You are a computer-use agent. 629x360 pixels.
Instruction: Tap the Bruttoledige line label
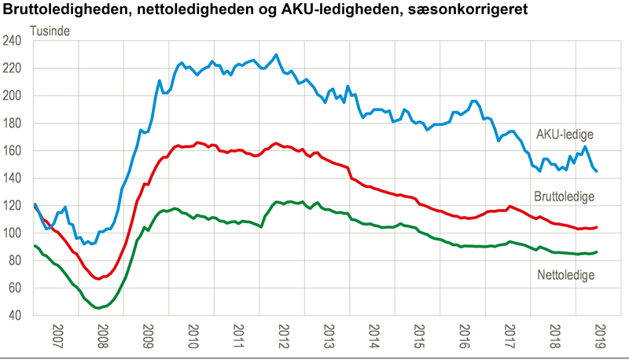pos(564,197)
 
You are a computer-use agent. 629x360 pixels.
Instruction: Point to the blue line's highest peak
pos(276,54)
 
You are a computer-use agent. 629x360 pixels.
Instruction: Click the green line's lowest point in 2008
pos(97,308)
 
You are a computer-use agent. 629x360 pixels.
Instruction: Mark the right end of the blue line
pos(596,171)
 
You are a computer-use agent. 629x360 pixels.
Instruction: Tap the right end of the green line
pos(597,252)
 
